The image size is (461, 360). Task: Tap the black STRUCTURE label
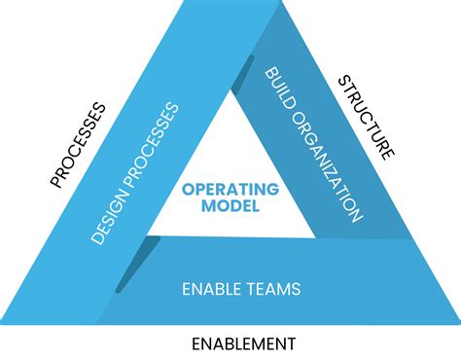[x=366, y=117]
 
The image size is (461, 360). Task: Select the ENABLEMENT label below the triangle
[x=242, y=343]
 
